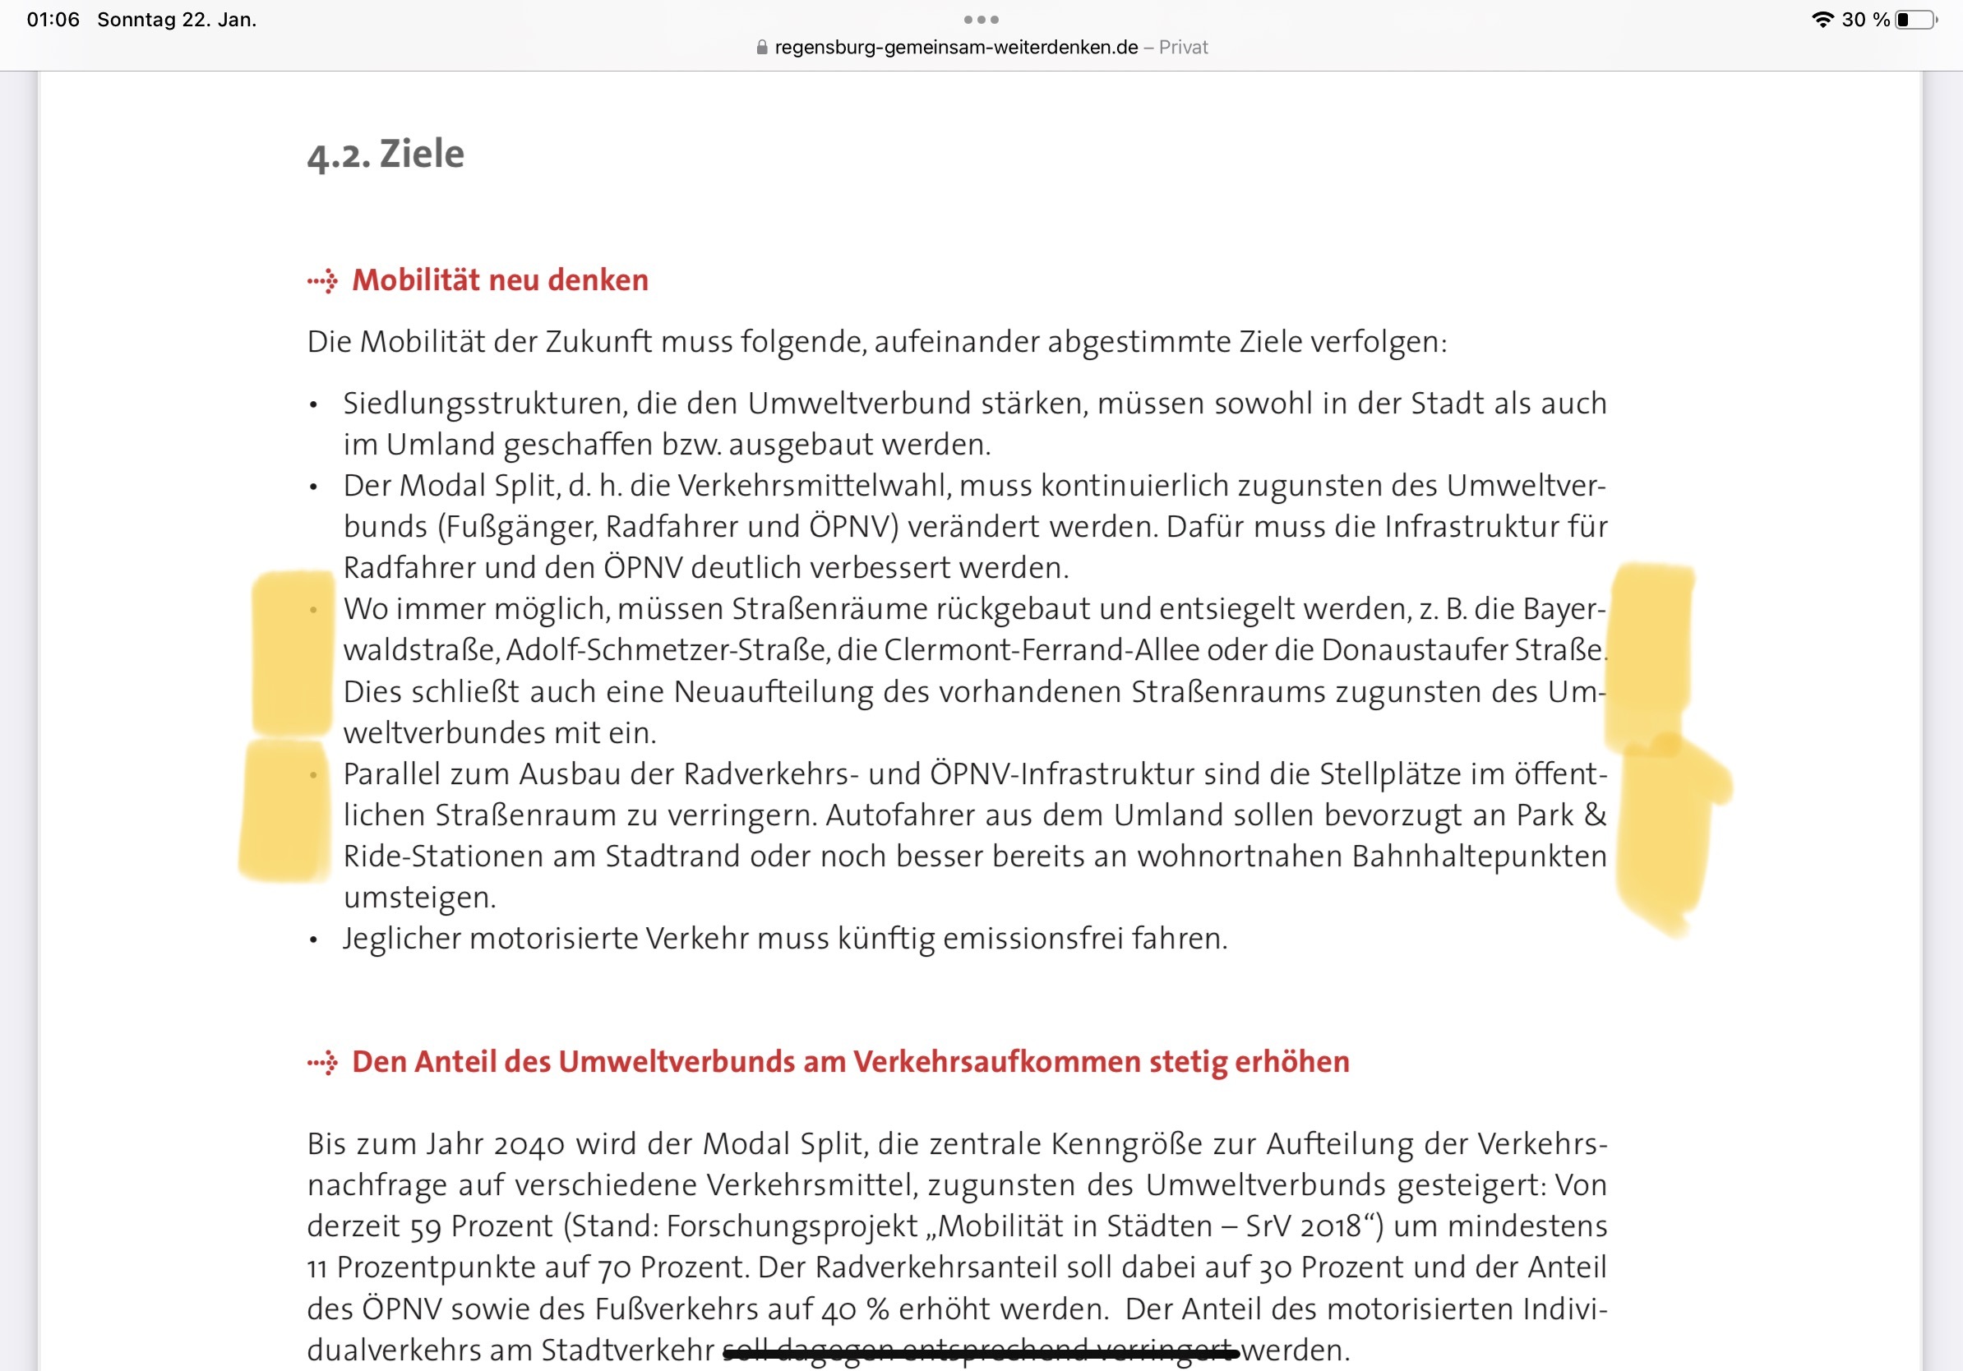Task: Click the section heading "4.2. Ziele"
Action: [x=386, y=155]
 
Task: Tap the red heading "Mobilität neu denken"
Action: [x=500, y=280]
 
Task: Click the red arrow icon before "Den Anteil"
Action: [x=323, y=1063]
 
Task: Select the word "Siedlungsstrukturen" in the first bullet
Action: [x=485, y=404]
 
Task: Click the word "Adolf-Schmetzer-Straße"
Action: [x=667, y=650]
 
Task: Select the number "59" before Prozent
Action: [x=426, y=1227]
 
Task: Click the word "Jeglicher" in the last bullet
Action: [x=401, y=939]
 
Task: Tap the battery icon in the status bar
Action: [x=1915, y=20]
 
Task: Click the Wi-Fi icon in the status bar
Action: [x=1822, y=20]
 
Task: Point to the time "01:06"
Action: [x=53, y=20]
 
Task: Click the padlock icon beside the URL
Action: [x=762, y=48]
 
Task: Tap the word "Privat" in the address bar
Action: [x=1183, y=48]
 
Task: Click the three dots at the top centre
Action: [x=981, y=20]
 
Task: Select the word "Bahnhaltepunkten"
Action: [x=1479, y=856]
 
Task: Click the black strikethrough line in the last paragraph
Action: [x=981, y=1352]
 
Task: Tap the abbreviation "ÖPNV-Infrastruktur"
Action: [x=1063, y=774]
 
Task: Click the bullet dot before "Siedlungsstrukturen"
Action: [x=314, y=405]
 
